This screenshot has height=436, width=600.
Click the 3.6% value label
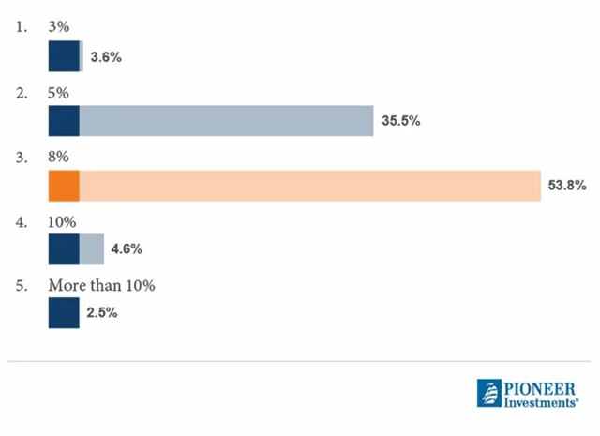pyautogui.click(x=106, y=57)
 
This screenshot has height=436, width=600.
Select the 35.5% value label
pyautogui.click(x=400, y=121)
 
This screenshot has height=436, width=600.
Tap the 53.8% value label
pyautogui.click(x=567, y=186)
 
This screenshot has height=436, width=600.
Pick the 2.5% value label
pyautogui.click(x=102, y=313)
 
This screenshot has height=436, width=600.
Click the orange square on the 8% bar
pyautogui.click(x=64, y=186)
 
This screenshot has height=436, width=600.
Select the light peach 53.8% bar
pyautogui.click(x=309, y=186)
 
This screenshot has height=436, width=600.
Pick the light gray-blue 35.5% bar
pyautogui.click(x=226, y=121)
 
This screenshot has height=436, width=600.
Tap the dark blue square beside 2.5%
pyautogui.click(x=64, y=313)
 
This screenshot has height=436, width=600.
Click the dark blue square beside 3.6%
pyautogui.click(x=64, y=57)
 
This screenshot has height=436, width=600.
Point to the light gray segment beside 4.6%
pyautogui.click(x=92, y=249)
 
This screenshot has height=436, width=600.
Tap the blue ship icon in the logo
pyautogui.click(x=490, y=394)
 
